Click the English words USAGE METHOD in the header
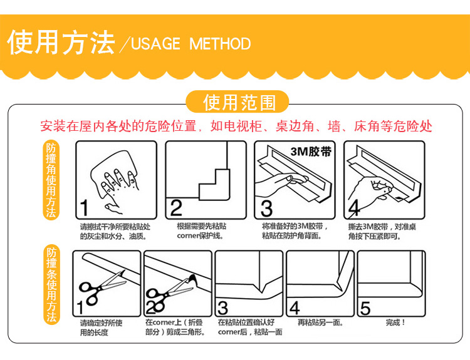191,44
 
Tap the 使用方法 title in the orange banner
61,43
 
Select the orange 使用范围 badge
238,102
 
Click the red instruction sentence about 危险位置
236,126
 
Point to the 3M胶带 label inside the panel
311,152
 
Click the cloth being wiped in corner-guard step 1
115,173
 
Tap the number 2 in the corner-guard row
176,208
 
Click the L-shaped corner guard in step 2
214,185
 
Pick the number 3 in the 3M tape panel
266,208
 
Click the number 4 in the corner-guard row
354,208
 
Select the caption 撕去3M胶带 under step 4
368,227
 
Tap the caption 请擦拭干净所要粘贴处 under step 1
115,227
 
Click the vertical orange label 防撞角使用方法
51,180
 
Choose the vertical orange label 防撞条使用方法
51,284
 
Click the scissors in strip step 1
101,287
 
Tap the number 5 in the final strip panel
365,308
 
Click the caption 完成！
395,322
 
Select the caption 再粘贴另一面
320,322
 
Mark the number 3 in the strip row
222,308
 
